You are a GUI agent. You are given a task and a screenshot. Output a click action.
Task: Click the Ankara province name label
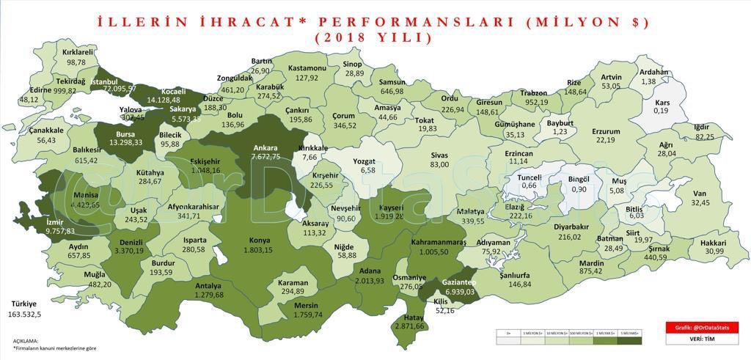coord(265,147)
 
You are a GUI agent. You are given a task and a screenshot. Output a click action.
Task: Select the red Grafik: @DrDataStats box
coord(702,327)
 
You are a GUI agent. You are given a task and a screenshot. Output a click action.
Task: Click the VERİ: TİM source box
coord(702,339)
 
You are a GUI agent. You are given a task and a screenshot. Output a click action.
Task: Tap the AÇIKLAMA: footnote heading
coord(26,341)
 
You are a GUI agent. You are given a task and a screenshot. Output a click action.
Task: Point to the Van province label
coord(698,194)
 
